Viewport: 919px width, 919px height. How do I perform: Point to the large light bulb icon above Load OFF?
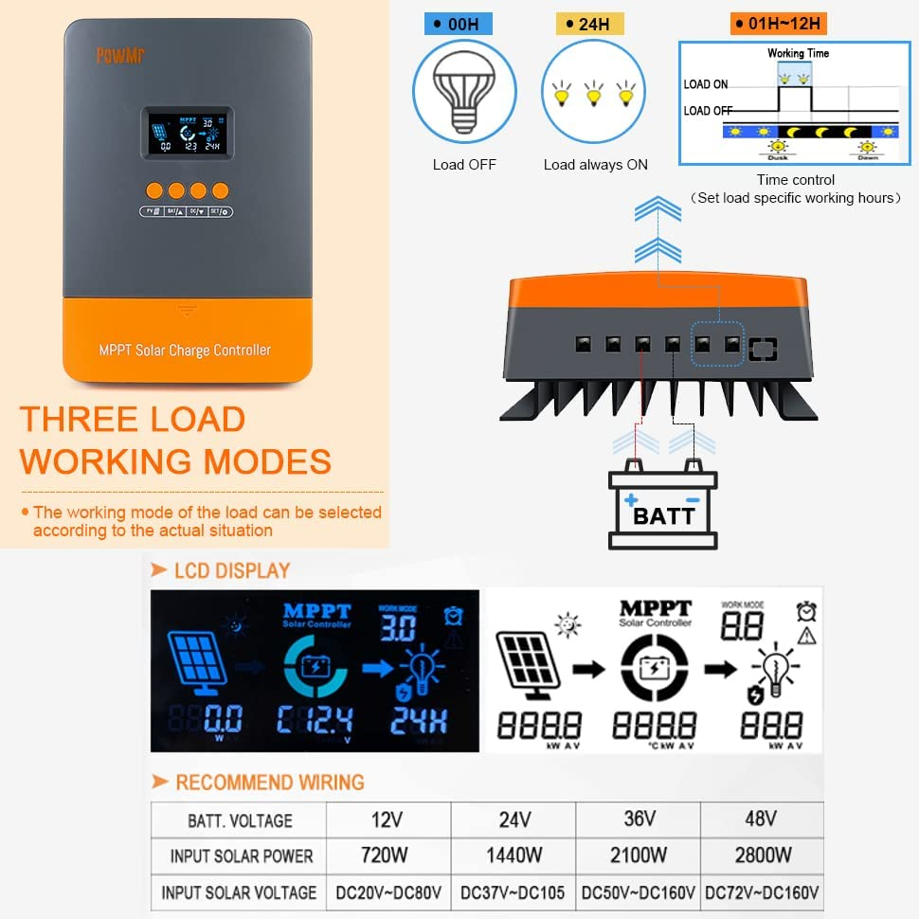pos(463,92)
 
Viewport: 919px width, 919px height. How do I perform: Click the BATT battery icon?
pos(663,503)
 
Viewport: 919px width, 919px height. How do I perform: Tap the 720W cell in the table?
pos(385,856)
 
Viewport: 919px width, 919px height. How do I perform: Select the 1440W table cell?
pos(514,856)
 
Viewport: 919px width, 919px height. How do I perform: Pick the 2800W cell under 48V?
pos(763,856)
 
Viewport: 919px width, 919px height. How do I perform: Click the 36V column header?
pos(640,819)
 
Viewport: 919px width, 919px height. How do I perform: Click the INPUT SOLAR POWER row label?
pos(241,856)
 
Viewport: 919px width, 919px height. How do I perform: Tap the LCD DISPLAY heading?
pos(232,570)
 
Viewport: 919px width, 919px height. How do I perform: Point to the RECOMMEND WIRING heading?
pos(269,783)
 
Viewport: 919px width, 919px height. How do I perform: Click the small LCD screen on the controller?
pos(188,134)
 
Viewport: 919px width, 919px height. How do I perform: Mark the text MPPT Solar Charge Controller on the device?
pos(185,351)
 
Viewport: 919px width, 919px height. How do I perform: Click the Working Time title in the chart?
pos(798,54)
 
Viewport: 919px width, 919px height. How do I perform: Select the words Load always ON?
pos(595,165)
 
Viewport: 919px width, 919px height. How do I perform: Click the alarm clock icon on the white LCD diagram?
pos(806,610)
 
